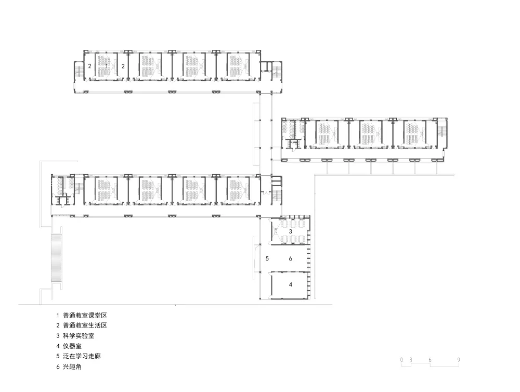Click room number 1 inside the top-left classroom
[107, 66]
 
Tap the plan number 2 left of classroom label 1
[89, 66]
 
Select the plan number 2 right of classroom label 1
[123, 66]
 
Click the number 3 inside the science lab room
[290, 231]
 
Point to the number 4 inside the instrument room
[291, 284]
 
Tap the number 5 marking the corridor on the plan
[267, 258]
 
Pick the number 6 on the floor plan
[291, 258]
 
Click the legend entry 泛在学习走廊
[84, 357]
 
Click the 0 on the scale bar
[402, 359]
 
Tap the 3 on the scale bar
[410, 359]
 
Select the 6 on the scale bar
[430, 359]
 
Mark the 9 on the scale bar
[459, 359]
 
